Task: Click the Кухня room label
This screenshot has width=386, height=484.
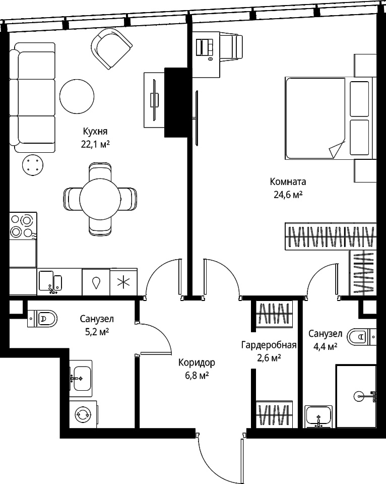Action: tap(95, 131)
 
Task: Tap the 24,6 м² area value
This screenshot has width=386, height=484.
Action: tap(288, 195)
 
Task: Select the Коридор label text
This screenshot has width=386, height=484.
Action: tap(197, 362)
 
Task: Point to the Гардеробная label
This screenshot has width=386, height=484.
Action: tap(269, 345)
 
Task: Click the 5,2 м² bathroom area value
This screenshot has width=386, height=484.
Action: tap(97, 332)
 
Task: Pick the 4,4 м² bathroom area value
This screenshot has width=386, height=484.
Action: tap(325, 347)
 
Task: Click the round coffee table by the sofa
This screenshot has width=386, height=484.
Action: tap(77, 97)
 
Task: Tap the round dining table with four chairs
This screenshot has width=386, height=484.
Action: tap(100, 199)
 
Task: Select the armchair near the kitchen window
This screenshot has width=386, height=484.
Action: tap(114, 48)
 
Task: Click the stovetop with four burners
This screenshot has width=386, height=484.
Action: tap(23, 226)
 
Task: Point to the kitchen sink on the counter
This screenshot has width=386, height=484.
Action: tap(50, 281)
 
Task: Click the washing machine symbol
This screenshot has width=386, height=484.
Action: tap(83, 414)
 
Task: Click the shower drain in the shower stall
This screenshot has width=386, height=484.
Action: tap(359, 396)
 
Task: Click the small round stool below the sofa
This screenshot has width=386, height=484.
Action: tap(32, 164)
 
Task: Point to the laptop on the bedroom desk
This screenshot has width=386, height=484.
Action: tap(205, 47)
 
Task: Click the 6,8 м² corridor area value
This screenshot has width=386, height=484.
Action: tap(197, 376)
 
